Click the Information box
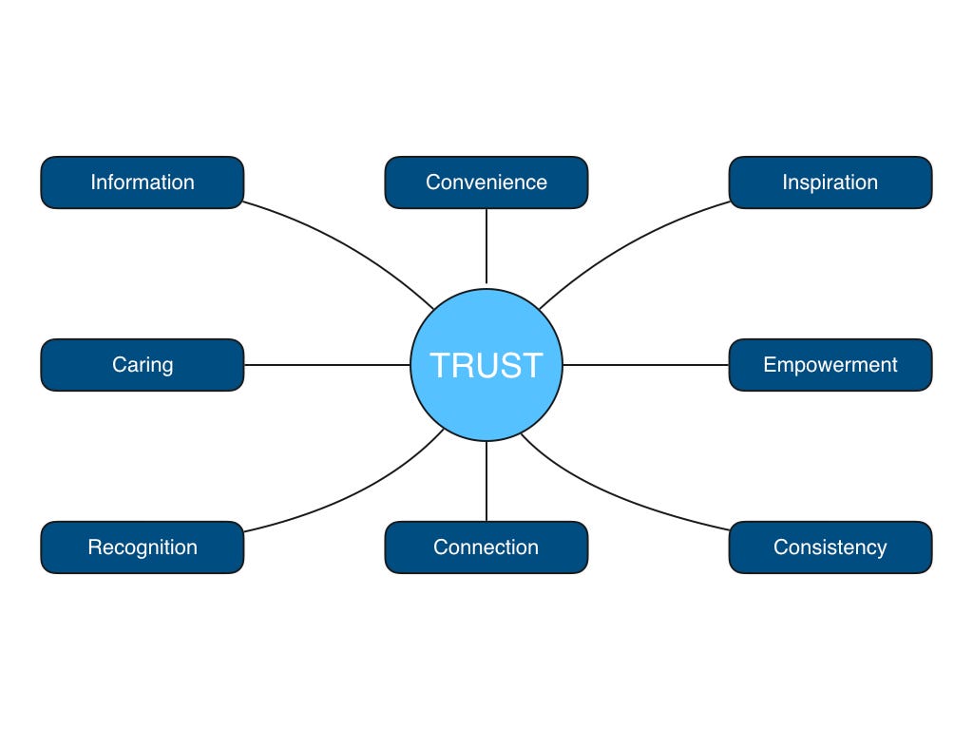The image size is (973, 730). pyautogui.click(x=143, y=182)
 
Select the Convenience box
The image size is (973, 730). pyautogui.click(x=486, y=182)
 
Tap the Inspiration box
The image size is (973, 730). pyautogui.click(x=830, y=182)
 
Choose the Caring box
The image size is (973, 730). pyautogui.click(x=143, y=365)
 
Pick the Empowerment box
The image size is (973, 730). pyautogui.click(x=830, y=365)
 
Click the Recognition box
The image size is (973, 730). pyautogui.click(x=143, y=547)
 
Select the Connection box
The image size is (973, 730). pyautogui.click(x=486, y=547)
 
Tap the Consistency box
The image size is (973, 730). pyautogui.click(x=830, y=547)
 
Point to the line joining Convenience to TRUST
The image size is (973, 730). pyautogui.click(x=486, y=247)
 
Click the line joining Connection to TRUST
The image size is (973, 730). pyautogui.click(x=486, y=482)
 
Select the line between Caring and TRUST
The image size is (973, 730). pyautogui.click(x=328, y=365)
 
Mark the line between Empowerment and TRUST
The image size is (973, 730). pyautogui.click(x=646, y=365)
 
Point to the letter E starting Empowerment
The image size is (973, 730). pyautogui.click(x=770, y=365)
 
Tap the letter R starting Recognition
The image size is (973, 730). pyautogui.click(x=94, y=547)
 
